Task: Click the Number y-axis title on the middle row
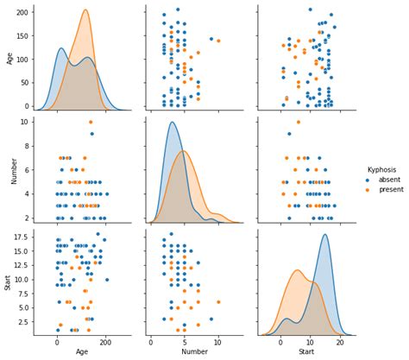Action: coord(9,171)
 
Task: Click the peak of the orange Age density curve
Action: coord(85,10)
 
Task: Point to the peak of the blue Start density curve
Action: coord(324,235)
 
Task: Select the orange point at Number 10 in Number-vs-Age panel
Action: coord(91,122)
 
